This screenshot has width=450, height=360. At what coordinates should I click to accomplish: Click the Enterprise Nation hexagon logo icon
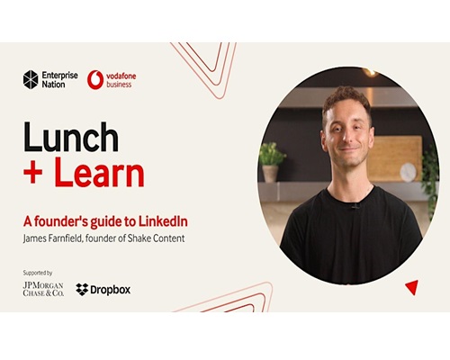click(x=31, y=80)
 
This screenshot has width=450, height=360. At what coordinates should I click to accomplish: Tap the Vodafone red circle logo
click(x=95, y=80)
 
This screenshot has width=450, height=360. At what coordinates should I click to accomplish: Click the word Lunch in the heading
click(x=71, y=137)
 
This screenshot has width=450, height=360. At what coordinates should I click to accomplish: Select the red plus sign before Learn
click(x=32, y=174)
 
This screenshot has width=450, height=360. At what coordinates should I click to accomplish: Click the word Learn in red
click(x=100, y=172)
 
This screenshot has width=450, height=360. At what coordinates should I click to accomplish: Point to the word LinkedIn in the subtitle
click(x=163, y=221)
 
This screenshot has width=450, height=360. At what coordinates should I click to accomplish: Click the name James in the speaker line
click(x=34, y=238)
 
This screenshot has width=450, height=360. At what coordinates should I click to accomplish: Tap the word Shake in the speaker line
click(x=139, y=238)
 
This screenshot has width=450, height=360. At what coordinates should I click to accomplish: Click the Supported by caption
click(x=38, y=273)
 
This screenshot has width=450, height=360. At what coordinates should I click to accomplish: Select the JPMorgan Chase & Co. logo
click(x=43, y=289)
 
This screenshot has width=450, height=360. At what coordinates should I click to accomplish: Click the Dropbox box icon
click(x=82, y=290)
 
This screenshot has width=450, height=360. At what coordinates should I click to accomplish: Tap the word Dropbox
click(x=111, y=290)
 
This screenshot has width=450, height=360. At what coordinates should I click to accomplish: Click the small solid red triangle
click(x=412, y=287)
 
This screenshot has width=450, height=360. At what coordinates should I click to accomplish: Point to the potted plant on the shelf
click(x=271, y=162)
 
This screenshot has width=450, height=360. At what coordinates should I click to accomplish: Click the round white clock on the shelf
click(x=409, y=172)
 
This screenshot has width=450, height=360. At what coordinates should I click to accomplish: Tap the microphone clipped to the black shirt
click(x=355, y=206)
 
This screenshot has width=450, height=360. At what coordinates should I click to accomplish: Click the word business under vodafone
click(x=119, y=85)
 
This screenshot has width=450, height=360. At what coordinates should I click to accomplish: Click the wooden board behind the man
click(x=395, y=158)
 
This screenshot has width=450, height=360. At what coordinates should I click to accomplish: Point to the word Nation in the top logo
click(x=53, y=85)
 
